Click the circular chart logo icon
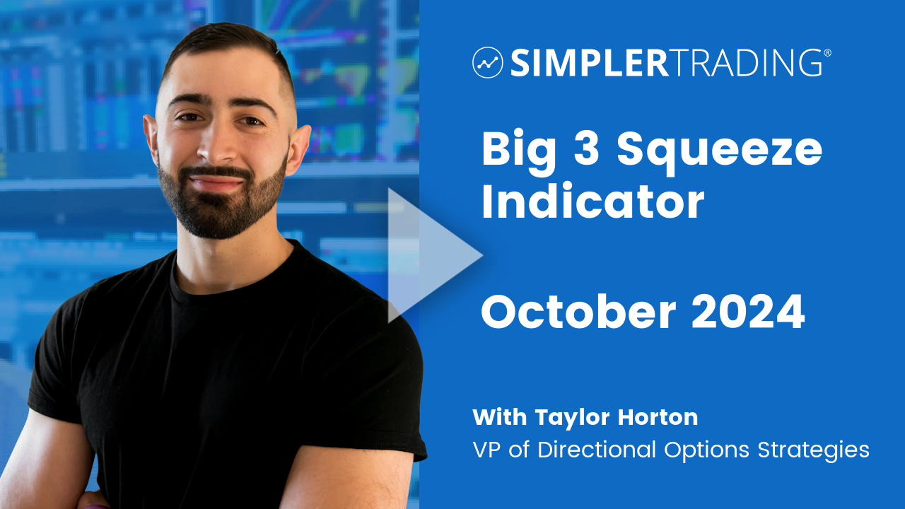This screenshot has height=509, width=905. (488, 63)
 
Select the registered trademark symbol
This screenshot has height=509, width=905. (827, 52)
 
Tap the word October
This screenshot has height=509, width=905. (578, 311)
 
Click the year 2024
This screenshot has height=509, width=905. (748, 312)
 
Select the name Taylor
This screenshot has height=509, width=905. (571, 418)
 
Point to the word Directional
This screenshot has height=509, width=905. (596, 449)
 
